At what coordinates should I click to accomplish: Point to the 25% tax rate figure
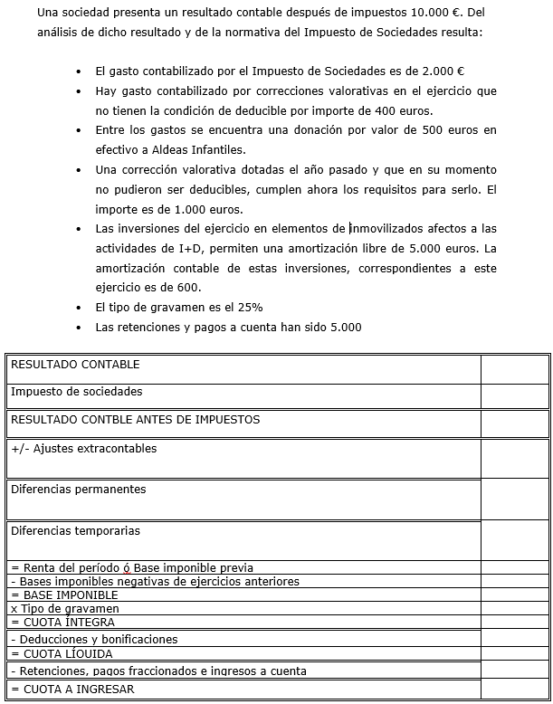tap(251, 307)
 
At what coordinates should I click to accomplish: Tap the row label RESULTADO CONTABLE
tap(75, 365)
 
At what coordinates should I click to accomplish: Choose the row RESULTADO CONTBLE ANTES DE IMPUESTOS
tap(135, 419)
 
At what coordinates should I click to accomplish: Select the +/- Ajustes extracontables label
tap(83, 448)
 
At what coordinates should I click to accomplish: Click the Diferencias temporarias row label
tap(75, 530)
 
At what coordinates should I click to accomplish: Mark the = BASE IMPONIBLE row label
tap(64, 595)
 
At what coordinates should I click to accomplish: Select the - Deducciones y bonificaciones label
tap(94, 639)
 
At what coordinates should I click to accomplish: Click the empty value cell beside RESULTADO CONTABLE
tap(514, 369)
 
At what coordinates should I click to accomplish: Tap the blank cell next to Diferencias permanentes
tap(514, 499)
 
